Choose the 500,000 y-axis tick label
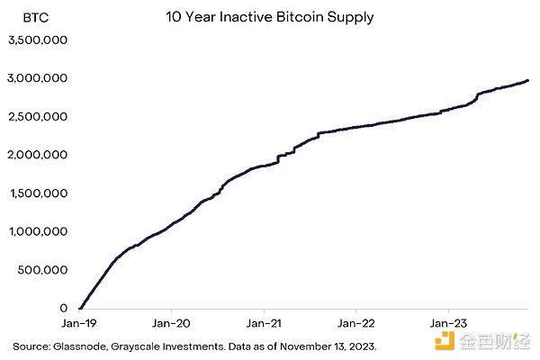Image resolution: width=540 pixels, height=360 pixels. point(43,270)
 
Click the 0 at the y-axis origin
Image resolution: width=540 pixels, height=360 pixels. point(63,308)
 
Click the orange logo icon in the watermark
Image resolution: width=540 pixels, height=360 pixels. point(443,341)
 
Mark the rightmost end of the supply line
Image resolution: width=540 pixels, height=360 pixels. point(528,80)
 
